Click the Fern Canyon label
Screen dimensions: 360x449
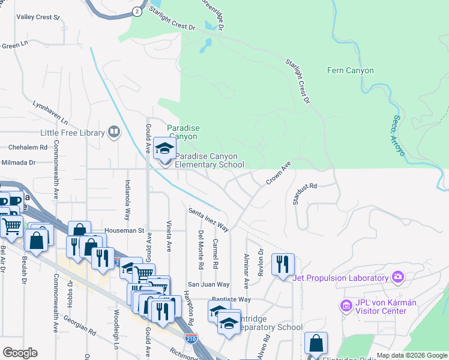tap(351, 71)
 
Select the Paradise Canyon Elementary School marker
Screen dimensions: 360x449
tap(163, 148)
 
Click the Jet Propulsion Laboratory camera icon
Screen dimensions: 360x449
tap(397, 277)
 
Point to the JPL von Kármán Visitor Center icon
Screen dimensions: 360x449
tap(345, 307)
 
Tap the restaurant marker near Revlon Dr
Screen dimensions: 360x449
tap(283, 265)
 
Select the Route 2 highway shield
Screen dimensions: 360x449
tap(137, 11)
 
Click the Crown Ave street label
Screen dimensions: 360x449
tap(278, 172)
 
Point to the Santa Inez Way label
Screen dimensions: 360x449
tap(208, 219)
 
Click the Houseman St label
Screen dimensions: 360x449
tap(125, 230)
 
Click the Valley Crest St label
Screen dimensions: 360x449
tap(38, 17)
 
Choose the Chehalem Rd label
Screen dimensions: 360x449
tap(27, 147)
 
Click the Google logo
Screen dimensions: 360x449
tap(20, 353)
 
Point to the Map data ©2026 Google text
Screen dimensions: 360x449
tap(412, 356)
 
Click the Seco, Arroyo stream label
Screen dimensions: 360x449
tap(399, 136)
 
